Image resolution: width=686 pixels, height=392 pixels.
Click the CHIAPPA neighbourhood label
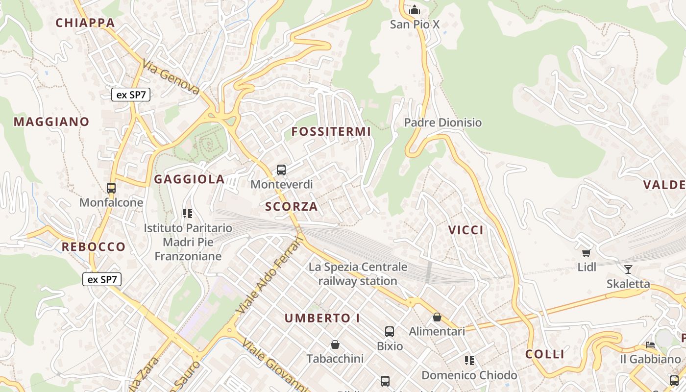tap(85, 23)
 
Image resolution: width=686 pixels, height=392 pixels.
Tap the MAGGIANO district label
tap(51, 122)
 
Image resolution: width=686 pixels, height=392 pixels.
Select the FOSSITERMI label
tap(331, 131)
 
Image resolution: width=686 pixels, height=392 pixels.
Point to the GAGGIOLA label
tap(189, 179)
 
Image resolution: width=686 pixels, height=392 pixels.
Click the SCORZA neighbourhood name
tap(292, 207)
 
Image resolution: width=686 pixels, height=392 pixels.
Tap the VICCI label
tap(466, 230)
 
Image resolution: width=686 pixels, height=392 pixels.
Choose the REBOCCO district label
tap(94, 246)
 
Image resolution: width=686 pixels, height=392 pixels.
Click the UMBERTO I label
tap(322, 318)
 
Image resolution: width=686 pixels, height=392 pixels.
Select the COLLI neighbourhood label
tap(545, 354)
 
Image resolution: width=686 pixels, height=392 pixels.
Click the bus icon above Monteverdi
tap(281, 170)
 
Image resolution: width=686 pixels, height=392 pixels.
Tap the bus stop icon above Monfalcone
tap(111, 188)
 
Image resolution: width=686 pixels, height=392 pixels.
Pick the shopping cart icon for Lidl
tap(586, 253)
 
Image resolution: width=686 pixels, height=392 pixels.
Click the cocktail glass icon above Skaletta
tap(628, 269)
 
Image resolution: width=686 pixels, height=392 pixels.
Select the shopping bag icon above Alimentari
tap(437, 317)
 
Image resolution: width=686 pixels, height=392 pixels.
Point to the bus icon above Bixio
tap(390, 332)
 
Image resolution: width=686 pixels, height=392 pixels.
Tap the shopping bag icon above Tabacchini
tap(335, 344)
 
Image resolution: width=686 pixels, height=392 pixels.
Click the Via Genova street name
tap(171, 77)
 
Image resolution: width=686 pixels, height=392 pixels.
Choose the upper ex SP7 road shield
tap(131, 95)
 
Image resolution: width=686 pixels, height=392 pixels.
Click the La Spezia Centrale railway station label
tap(358, 274)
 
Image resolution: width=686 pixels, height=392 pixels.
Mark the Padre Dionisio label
tap(443, 122)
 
